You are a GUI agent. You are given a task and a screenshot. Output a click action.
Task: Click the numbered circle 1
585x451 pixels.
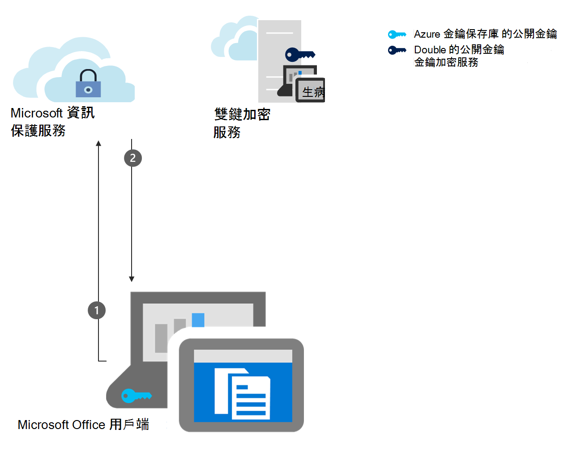click(x=97, y=310)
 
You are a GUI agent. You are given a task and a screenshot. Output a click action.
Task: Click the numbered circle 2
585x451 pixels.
click(x=132, y=158)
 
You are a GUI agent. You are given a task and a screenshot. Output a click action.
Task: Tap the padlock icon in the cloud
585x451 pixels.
click(x=88, y=84)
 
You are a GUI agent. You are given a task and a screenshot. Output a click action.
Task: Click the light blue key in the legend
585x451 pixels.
click(x=397, y=35)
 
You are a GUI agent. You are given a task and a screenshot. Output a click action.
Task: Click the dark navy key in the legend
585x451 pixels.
click(x=397, y=50)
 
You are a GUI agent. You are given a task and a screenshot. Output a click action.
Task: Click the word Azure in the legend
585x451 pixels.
click(x=427, y=35)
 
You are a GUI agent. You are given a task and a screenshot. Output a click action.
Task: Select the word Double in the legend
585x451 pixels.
click(x=430, y=50)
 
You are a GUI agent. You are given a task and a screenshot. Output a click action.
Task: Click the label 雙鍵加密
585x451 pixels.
click(x=242, y=114)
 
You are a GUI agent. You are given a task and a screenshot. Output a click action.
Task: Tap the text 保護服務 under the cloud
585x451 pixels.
click(x=38, y=131)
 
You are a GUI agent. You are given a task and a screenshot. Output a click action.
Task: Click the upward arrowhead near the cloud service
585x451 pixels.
click(x=98, y=143)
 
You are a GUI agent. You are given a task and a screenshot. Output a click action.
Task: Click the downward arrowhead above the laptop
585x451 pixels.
click(x=132, y=279)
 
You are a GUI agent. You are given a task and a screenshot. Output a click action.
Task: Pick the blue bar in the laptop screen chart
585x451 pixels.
click(x=198, y=320)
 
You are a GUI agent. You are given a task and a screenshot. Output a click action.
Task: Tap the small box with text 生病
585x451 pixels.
click(x=311, y=91)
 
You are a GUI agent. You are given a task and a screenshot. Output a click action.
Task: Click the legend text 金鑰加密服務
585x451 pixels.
click(x=446, y=62)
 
